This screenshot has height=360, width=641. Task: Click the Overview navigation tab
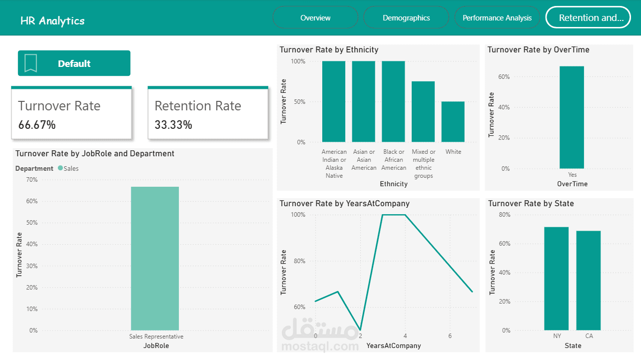pos(315,18)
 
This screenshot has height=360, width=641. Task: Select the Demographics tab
pos(406,18)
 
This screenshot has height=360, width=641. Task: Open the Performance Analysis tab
pos(497,18)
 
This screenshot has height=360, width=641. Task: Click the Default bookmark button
pos(74,63)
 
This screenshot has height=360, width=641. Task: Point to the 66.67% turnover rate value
pos(37,125)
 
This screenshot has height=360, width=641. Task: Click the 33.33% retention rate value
pos(173,125)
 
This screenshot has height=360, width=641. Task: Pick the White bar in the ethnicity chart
pos(453,122)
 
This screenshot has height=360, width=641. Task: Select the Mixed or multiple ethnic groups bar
pos(423,112)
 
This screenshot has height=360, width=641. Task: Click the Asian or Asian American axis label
pos(364,160)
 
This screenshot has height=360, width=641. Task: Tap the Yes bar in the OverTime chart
pos(572,117)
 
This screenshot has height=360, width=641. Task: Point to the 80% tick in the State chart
pos(505,215)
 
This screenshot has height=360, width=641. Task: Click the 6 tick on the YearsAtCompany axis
pos(450,336)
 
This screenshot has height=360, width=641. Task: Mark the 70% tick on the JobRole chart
pos(31,180)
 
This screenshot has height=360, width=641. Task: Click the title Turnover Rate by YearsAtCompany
pos(344,204)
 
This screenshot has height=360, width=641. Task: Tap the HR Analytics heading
pos(52,21)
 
